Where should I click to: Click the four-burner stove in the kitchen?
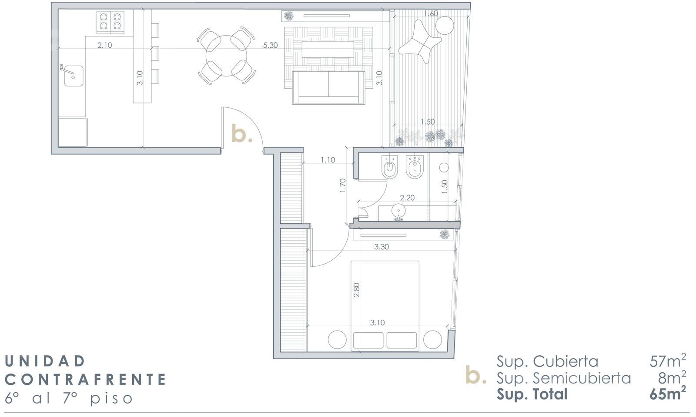tap(110, 22)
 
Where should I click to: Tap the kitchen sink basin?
tap(74, 76)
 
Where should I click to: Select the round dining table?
tap(226, 56)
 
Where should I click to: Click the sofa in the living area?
tap(328, 88)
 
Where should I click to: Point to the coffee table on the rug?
tap(328, 49)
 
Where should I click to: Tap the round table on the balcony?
tap(445, 25)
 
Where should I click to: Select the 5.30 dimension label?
tap(270, 45)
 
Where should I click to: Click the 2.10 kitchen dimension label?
tap(104, 45)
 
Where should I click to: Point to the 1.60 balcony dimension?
tap(431, 13)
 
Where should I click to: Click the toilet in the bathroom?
tap(390, 167)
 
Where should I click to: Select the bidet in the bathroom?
tap(415, 167)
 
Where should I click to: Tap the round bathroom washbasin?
tap(398, 211)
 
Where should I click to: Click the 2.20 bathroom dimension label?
tap(407, 198)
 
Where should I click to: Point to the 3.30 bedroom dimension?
tap(381, 247)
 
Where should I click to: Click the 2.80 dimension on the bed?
tap(357, 290)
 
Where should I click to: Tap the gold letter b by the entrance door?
tap(242, 133)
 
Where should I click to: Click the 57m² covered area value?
tap(667, 361)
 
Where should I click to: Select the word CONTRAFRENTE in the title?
tap(85, 380)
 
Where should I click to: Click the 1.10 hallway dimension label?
tap(328, 160)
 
